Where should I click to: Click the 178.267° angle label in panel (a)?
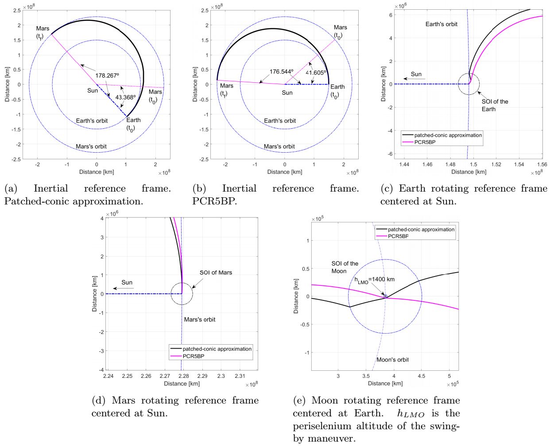[107, 76]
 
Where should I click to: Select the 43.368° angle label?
[125, 97]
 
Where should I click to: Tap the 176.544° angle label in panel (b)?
[281, 72]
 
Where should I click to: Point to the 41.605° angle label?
[316, 73]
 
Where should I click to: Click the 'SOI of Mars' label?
[216, 273]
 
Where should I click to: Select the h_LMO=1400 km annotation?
[374, 280]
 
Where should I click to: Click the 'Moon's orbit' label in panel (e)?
[392, 360]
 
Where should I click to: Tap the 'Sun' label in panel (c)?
[416, 74]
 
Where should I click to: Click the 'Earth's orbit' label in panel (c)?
[441, 24]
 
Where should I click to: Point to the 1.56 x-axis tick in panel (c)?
[542, 165]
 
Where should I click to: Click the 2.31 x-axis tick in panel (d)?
[240, 376]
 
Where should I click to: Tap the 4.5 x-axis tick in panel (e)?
[421, 376]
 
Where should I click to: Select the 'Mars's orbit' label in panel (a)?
[91, 146]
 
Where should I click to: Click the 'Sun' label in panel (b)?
[287, 93]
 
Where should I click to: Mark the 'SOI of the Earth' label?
[494, 105]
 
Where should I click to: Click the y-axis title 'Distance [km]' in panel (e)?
[296, 296]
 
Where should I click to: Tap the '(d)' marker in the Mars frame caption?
[99, 400]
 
